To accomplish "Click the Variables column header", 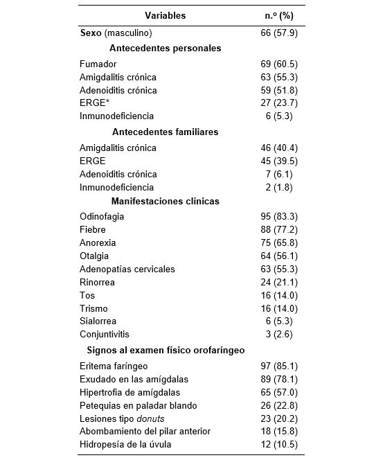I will (165, 15).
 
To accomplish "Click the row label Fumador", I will (98, 64).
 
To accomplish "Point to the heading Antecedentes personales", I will (165, 48).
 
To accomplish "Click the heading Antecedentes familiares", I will (165, 132).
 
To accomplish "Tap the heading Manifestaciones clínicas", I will (165, 202).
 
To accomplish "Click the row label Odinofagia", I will (102, 217).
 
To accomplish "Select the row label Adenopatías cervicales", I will (127, 269).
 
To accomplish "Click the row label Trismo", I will (94, 308).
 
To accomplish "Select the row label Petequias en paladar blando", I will (139, 405).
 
